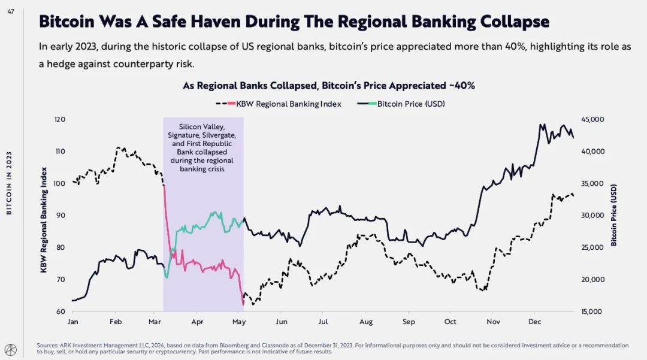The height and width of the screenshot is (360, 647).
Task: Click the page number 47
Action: click(x=11, y=10)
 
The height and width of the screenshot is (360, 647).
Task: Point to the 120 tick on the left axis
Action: click(x=59, y=120)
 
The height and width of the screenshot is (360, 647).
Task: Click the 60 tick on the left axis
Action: click(x=61, y=311)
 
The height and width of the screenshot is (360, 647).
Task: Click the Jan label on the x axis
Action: click(x=72, y=322)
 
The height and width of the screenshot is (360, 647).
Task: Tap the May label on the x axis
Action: click(x=239, y=322)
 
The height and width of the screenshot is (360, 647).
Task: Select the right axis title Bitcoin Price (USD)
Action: click(x=614, y=216)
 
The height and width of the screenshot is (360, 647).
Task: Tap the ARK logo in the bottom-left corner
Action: click(x=11, y=348)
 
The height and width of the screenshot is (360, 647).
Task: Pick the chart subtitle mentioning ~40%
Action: click(x=329, y=86)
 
